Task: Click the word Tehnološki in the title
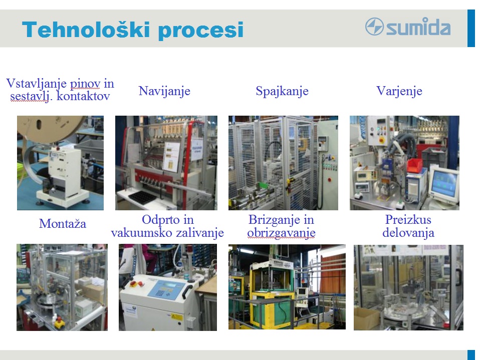(86, 30)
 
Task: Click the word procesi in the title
(201, 31)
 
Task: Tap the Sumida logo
(408, 27)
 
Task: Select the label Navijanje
(164, 91)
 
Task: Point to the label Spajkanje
(282, 91)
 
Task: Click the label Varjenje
(399, 91)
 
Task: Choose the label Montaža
(63, 223)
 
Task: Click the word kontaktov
(83, 96)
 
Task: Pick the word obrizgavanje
(281, 233)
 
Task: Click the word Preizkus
(408, 219)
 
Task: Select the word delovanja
(408, 233)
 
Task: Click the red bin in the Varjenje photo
(414, 165)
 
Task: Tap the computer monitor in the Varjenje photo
(444, 184)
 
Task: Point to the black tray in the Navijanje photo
(143, 196)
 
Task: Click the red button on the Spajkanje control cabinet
(329, 180)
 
